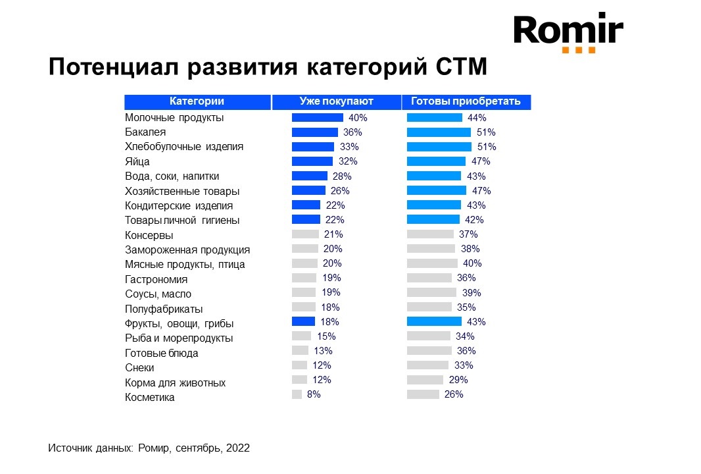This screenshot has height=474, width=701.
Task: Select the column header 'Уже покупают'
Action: point(336,101)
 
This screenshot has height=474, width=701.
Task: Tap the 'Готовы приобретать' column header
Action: point(466,101)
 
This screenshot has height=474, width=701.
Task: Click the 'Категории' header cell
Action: point(197,101)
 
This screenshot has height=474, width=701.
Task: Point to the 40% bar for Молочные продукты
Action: point(317,118)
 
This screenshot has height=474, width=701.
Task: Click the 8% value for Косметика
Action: point(314,394)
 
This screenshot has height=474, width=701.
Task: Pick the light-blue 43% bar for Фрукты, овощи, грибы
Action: point(434,322)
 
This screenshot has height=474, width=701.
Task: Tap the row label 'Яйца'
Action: point(137,161)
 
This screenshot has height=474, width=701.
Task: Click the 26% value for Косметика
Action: point(454,394)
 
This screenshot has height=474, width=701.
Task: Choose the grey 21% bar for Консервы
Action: point(305,234)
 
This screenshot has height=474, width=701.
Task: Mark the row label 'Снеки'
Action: point(139,368)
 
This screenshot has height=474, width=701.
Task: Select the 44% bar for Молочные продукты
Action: point(434,118)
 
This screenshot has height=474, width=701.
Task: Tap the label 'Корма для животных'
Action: point(175,382)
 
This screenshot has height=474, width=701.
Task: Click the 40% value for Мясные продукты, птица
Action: point(472,263)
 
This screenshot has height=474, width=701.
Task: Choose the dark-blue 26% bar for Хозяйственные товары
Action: point(308,190)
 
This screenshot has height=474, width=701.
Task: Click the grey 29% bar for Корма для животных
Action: point(425,380)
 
